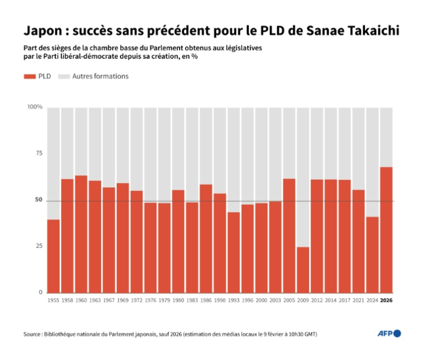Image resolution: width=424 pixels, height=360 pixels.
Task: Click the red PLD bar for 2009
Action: pyautogui.click(x=303, y=270)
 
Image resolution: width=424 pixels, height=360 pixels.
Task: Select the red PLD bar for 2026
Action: pyautogui.click(x=386, y=230)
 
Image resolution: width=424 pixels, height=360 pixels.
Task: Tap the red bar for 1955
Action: pyautogui.click(x=54, y=256)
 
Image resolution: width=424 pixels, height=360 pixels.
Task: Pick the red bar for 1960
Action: pyautogui.click(x=81, y=234)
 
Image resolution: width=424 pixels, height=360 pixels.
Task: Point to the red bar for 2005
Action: pyautogui.click(x=289, y=236)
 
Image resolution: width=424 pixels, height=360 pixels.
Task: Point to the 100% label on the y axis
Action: pyautogui.click(x=35, y=107)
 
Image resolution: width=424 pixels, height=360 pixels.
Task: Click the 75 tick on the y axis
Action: pyautogui.click(x=38, y=153)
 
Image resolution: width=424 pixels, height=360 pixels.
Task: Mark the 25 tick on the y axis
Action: pyautogui.click(x=38, y=246)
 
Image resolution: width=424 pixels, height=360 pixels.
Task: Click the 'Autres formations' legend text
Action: pyautogui.click(x=100, y=76)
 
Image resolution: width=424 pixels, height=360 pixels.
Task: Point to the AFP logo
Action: pyautogui.click(x=389, y=334)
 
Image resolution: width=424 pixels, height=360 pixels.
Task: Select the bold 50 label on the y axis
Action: pyautogui.click(x=38, y=200)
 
